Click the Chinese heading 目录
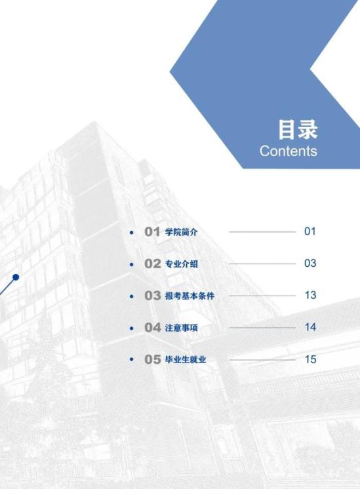click(x=298, y=130)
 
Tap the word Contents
click(x=289, y=151)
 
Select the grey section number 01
click(x=152, y=231)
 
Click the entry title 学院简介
click(x=181, y=232)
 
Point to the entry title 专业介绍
click(x=181, y=264)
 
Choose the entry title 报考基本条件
click(x=190, y=296)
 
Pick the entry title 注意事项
click(x=181, y=328)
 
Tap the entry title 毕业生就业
click(x=186, y=360)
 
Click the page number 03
click(x=310, y=264)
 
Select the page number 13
click(x=310, y=295)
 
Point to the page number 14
click(x=310, y=327)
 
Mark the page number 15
click(x=310, y=359)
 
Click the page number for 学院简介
click(x=310, y=231)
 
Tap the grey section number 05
click(x=153, y=359)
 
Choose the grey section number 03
click(x=153, y=296)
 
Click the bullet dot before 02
click(x=132, y=264)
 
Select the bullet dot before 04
click(x=132, y=328)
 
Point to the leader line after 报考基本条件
click(x=262, y=296)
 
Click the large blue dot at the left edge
click(x=16, y=277)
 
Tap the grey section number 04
click(x=153, y=328)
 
